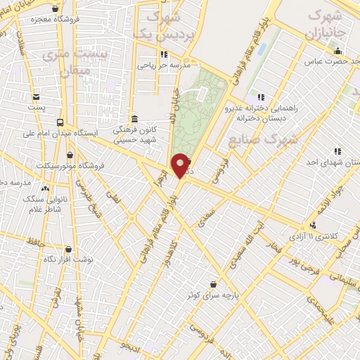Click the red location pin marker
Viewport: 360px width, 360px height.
click(x=180, y=165)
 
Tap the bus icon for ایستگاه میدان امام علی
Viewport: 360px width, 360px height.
click(x=59, y=121)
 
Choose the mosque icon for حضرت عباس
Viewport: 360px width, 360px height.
click(x=337, y=51)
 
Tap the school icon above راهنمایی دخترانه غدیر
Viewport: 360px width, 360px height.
click(x=261, y=97)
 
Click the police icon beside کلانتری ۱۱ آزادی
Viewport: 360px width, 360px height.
click(x=312, y=225)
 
